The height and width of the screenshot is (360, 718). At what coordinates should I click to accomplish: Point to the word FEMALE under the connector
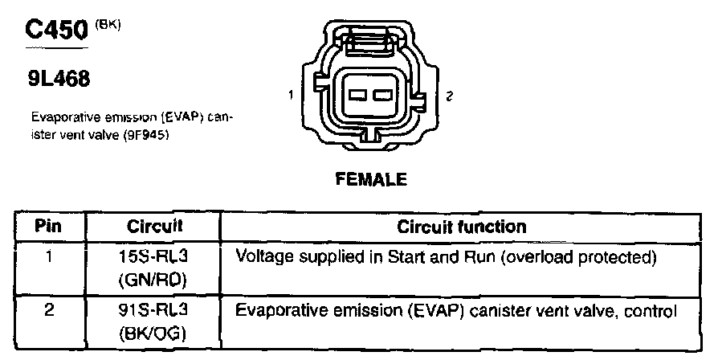pyautogui.click(x=370, y=179)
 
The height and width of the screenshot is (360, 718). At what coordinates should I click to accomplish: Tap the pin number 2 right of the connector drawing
pyautogui.click(x=451, y=96)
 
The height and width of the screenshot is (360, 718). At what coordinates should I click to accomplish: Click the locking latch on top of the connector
pyautogui.click(x=369, y=39)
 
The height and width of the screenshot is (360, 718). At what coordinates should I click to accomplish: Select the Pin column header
pyautogui.click(x=48, y=227)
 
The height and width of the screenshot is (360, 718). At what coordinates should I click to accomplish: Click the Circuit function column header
pyautogui.click(x=462, y=227)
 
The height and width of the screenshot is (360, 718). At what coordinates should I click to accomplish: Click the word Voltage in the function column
pyautogui.click(x=260, y=257)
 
